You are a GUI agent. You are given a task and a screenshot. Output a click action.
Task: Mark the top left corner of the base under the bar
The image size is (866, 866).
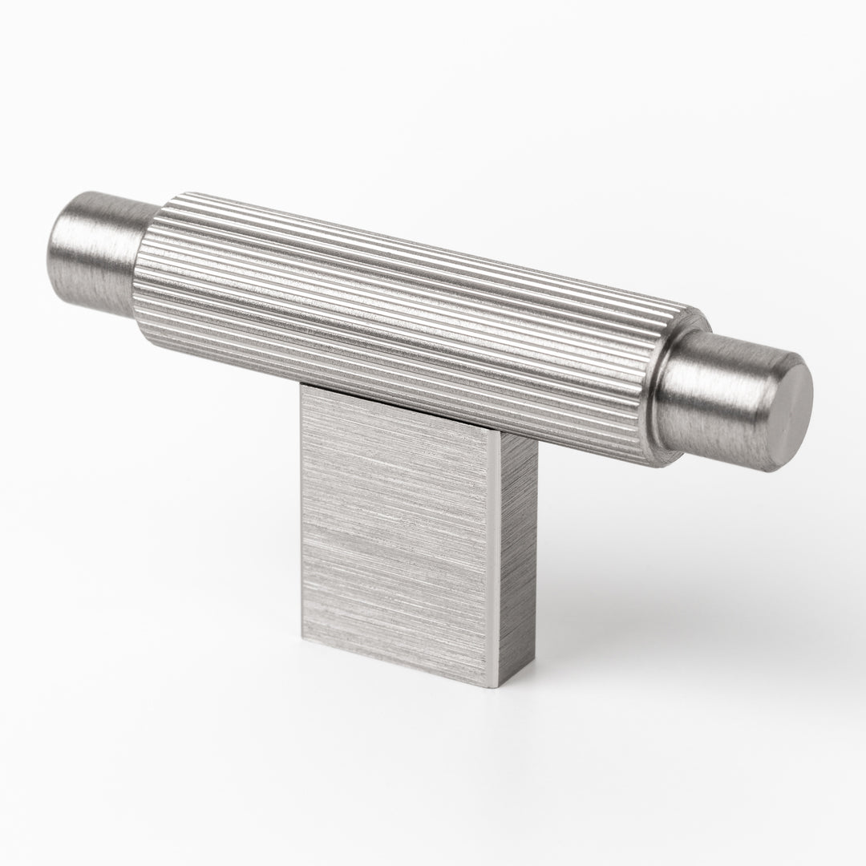[302, 391]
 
